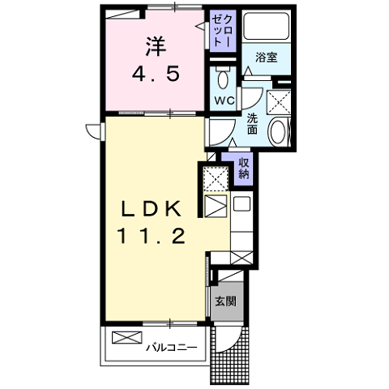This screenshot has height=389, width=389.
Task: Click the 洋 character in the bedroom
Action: pyautogui.click(x=156, y=46)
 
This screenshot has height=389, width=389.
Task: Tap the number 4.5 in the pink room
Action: pyautogui.click(x=156, y=75)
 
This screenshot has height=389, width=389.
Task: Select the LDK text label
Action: pyautogui.click(x=152, y=209)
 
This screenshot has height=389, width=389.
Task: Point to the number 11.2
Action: pyautogui.click(x=152, y=236)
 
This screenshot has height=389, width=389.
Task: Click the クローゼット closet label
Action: pyautogui.click(x=222, y=31)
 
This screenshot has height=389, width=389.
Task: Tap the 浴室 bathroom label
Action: pyautogui.click(x=267, y=58)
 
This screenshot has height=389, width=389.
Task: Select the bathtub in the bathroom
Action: pyautogui.click(x=266, y=26)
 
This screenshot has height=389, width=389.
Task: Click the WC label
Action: pyautogui.click(x=224, y=100)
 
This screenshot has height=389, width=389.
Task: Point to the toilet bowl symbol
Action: pyautogui.click(x=223, y=78)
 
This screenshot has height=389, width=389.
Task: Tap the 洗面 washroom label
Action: pyautogui.click(x=253, y=124)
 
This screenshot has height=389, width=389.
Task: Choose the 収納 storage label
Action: pyautogui.click(x=243, y=168)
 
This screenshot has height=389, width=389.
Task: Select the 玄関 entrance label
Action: pyautogui.click(x=225, y=301)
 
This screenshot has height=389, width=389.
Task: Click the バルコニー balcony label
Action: pyautogui.click(x=172, y=347)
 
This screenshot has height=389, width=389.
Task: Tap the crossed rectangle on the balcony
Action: pyautogui.click(x=126, y=337)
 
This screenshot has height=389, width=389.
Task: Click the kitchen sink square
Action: pyautogui.click(x=242, y=204)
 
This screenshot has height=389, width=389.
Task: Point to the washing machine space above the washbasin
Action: pyautogui.click(x=279, y=103)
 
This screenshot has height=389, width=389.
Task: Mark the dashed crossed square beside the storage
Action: pyautogui.click(x=216, y=177)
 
